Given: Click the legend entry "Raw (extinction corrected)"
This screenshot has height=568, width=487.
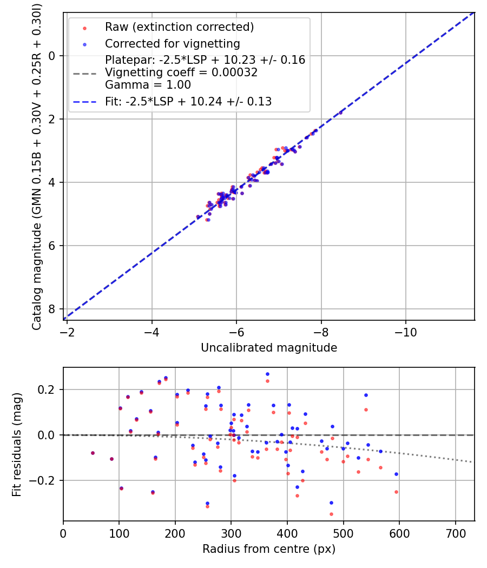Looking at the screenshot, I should pyautogui.click(x=179, y=27).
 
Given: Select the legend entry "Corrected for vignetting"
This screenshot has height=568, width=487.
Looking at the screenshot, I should pyautogui.click(x=173, y=43).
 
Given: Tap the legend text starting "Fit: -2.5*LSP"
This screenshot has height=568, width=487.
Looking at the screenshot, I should pyautogui.click(x=188, y=101).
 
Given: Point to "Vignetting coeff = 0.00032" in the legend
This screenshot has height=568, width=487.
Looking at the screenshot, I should pyautogui.click(x=181, y=72).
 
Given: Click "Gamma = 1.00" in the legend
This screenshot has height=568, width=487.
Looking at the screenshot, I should pyautogui.click(x=148, y=85).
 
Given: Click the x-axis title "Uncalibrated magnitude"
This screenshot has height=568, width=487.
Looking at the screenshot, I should pyautogui.click(x=269, y=348).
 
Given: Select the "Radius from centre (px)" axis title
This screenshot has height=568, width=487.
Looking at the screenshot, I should pyautogui.click(x=269, y=549).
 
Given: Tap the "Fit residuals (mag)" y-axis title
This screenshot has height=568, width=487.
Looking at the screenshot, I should pyautogui.click(x=17, y=444).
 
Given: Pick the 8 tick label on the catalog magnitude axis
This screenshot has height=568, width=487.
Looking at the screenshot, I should pyautogui.click(x=52, y=309).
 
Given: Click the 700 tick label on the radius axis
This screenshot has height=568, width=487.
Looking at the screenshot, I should pyautogui.click(x=456, y=533).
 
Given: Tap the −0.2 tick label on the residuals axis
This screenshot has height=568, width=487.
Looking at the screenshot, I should pyautogui.click(x=43, y=480).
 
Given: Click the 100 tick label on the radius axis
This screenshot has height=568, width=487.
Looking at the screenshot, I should pyautogui.click(x=119, y=533).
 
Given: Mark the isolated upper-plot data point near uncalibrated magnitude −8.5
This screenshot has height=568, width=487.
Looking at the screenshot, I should pyautogui.click(x=340, y=113).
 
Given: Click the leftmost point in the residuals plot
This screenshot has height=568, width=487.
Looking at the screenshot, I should pyautogui.click(x=93, y=453).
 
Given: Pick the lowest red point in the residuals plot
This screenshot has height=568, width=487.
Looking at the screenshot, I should pyautogui.click(x=331, y=514).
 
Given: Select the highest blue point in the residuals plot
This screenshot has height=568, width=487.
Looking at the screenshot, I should pyautogui.click(x=267, y=374).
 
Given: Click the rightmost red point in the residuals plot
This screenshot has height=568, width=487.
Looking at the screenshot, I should pyautogui.click(x=396, y=492).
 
